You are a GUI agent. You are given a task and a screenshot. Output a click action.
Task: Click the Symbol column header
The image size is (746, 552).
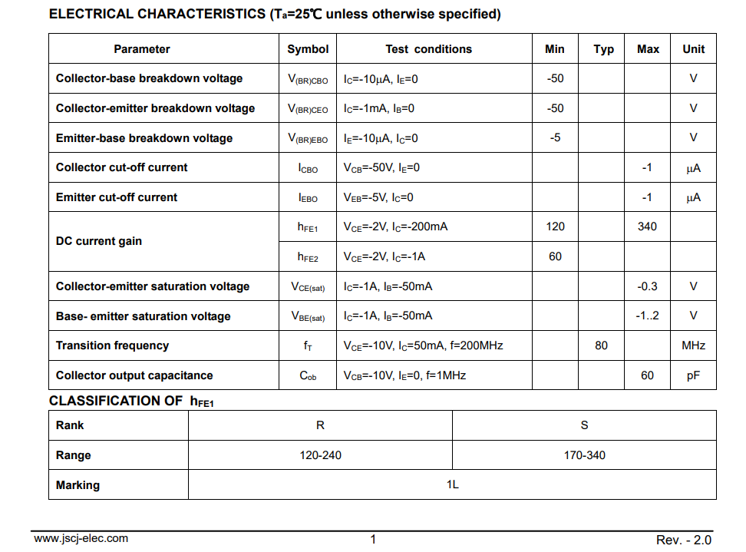tap(308, 49)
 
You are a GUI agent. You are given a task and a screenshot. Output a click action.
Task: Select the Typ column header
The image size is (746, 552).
tap(603, 49)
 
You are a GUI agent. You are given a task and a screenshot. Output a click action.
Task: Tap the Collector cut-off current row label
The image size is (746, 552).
tap(121, 167)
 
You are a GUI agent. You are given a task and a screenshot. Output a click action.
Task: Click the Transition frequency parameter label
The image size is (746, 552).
tap(112, 345)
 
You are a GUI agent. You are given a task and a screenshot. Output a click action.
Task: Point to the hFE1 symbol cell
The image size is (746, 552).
tap(308, 227)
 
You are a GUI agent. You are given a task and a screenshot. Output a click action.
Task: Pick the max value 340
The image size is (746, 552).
tap(647, 226)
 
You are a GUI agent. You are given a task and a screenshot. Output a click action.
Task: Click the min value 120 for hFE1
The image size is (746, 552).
tap(555, 226)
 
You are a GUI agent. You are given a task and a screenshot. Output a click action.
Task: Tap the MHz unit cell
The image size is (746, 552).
tap(693, 345)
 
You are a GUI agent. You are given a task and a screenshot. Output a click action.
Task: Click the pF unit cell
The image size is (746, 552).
tap(693, 375)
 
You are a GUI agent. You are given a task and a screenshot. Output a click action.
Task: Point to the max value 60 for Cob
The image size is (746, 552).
tap(647, 375)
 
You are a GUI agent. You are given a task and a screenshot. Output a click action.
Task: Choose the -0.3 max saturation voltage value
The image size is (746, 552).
tap(647, 286)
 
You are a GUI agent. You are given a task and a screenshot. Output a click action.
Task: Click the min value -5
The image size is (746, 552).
tap(555, 138)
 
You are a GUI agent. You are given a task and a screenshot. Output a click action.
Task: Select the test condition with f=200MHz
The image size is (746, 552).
tap(423, 345)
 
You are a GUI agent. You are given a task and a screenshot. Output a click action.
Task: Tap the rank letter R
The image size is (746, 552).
tap(320, 425)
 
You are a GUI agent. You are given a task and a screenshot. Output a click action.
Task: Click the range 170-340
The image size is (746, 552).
tap(584, 455)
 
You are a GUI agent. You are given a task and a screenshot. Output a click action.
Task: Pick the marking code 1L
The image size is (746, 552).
tap(452, 485)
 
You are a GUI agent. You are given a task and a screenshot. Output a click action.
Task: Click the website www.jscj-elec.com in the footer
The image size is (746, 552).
tap(81, 538)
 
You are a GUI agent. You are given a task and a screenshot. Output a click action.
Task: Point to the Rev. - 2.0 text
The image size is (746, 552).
tap(684, 540)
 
